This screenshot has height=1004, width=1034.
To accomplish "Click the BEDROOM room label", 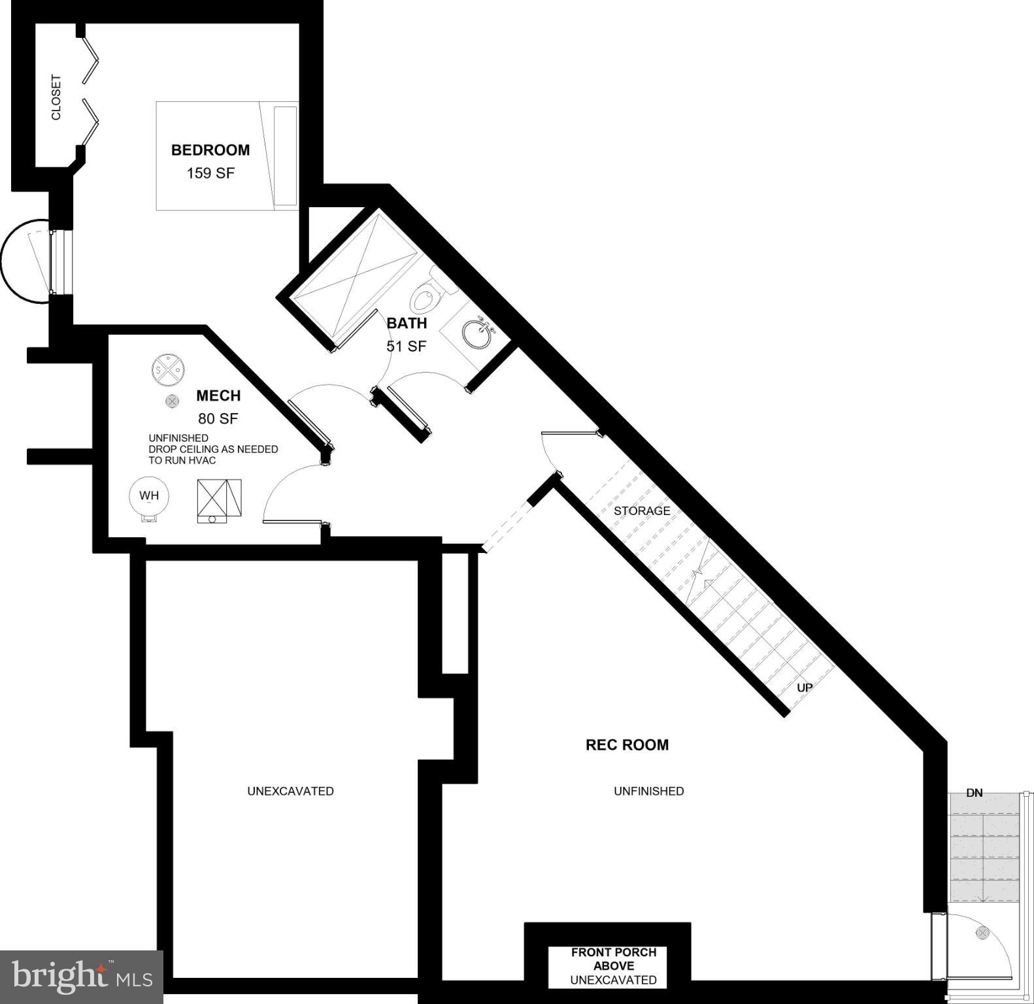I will point(210,150).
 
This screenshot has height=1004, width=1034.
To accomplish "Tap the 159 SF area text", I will point(210,173).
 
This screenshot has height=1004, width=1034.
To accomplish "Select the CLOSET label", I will point(56,97).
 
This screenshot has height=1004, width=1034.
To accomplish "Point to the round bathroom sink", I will point(478,334).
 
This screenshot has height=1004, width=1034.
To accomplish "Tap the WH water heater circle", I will point(149,496).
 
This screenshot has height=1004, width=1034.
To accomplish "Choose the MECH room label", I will point(218,395).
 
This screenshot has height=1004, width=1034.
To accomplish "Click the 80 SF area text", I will point(218,419).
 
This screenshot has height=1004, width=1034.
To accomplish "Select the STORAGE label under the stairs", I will point(642,510).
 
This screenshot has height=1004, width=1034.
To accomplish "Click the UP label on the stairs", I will point(805,688).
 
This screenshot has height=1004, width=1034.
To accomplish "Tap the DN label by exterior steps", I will point(974,793).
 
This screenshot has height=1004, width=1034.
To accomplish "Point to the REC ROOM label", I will point(627,745).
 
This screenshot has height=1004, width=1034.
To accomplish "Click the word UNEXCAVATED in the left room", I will point(290,791).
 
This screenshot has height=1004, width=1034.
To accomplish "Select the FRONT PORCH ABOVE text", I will point(614,959).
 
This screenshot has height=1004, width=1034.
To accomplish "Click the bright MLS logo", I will point(81,977).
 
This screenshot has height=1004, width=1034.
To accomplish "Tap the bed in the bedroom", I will point(227,156).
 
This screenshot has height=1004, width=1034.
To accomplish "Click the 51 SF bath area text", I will point(406,346).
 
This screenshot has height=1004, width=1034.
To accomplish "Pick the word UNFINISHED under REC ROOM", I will point(648,791).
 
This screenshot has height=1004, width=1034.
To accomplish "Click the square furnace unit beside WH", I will point(219,500).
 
